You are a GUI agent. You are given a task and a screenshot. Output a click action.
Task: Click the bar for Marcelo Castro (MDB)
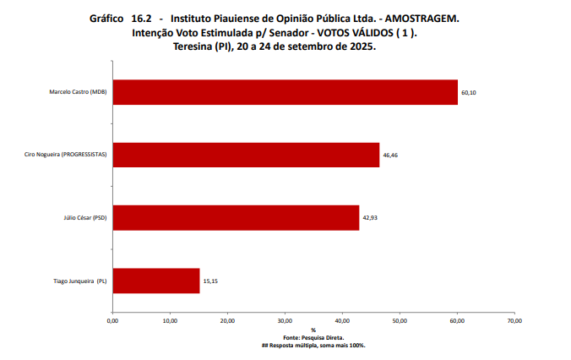pyautogui.click(x=285, y=92)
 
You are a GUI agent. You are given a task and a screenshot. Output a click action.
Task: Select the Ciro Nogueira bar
pyautogui.click(x=246, y=155)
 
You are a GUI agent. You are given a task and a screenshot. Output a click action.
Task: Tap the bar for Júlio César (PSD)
pyautogui.click(x=236, y=218)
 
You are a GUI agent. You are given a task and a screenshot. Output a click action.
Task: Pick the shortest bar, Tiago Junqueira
pyautogui.click(x=155, y=281)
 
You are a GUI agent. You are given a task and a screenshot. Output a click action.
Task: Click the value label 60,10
pyautogui.click(x=469, y=92)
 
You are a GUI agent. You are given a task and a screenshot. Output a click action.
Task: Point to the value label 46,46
pyautogui.click(x=390, y=155)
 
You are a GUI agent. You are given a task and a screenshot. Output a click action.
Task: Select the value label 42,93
pyautogui.click(x=370, y=218)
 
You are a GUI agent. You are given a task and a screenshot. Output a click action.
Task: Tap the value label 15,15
pyautogui.click(x=210, y=281)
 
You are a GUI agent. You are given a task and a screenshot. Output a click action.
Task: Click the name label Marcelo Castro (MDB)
pyautogui.click(x=79, y=92)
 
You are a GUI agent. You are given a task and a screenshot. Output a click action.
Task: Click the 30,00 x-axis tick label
pyautogui.click(x=285, y=320)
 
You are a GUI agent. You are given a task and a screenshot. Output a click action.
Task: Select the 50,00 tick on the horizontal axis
pyautogui.click(x=400, y=320)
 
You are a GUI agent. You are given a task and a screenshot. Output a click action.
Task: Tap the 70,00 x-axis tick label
pyautogui.click(x=514, y=320)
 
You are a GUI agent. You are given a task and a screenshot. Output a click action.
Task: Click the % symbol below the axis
pyautogui.click(x=313, y=330)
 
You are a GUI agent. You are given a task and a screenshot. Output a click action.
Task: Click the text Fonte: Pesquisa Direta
pyautogui.click(x=313, y=338)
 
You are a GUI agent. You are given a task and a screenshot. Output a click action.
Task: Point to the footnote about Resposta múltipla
pyautogui.click(x=313, y=346)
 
